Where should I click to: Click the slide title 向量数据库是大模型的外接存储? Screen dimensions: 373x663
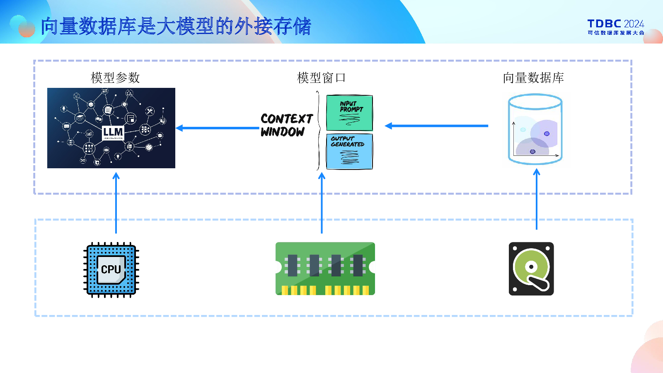coord(176,27)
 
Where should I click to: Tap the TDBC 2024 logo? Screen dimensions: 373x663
coord(615,27)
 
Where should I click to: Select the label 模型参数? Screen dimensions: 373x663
coord(115,78)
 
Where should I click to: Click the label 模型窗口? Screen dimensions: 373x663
coord(321,78)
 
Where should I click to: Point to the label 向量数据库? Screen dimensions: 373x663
coord(533,78)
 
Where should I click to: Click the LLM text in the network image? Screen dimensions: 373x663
coord(113,132)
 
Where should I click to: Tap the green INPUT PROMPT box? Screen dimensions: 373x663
coord(349,113)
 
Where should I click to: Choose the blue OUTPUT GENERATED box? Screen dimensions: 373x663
coord(349,151)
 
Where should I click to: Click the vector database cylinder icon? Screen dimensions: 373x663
coord(535,129)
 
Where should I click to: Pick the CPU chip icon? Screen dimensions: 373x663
coord(111,270)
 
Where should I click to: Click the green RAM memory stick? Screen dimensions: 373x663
coord(325,269)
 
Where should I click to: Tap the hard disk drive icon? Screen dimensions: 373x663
coord(531,269)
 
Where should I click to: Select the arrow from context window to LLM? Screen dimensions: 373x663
coord(218,128)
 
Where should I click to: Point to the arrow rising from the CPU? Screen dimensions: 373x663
coord(116,203)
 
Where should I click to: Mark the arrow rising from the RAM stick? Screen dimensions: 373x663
coord(322,203)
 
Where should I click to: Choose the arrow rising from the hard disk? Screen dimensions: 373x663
coord(537,199)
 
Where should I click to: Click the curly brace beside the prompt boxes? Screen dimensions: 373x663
coord(318,131)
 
